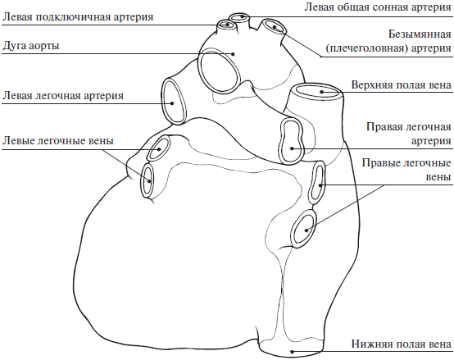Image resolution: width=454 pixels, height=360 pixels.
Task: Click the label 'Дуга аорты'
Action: (x=30, y=46)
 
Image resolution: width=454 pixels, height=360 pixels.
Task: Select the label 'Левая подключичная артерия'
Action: (x=78, y=17)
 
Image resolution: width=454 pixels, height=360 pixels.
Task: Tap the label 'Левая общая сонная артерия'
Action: (x=378, y=7)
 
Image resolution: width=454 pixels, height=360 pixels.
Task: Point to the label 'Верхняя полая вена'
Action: (x=402, y=84)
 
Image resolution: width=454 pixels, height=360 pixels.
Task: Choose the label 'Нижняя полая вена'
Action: (x=402, y=344)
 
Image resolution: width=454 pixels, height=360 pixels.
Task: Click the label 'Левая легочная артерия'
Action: (x=63, y=95)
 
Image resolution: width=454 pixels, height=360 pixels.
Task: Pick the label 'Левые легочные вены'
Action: (x=58, y=141)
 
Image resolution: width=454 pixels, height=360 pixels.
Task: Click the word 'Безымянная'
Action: (x=420, y=34)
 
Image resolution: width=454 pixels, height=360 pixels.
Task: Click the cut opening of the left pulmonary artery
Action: (x=174, y=101)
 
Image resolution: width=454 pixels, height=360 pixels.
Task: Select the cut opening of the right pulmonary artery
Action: (x=292, y=140)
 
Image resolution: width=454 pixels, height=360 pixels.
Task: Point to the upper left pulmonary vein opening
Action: (x=158, y=148)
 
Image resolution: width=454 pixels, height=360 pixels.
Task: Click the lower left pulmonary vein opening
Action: (x=148, y=180)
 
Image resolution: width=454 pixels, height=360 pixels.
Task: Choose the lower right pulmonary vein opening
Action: (x=303, y=229)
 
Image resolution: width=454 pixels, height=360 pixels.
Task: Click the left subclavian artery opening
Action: (x=227, y=25)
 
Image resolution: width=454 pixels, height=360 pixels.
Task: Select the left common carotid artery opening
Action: (x=239, y=17)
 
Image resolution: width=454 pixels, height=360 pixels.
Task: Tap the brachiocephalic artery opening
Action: (x=274, y=26)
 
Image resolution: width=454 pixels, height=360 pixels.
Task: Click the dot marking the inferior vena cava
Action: (x=292, y=352)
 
